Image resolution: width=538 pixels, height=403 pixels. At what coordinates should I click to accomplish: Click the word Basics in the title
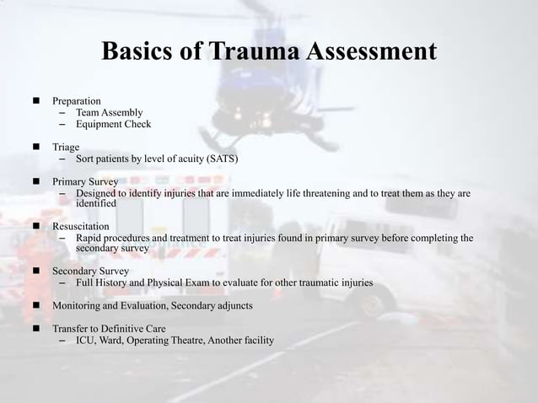(x=137, y=52)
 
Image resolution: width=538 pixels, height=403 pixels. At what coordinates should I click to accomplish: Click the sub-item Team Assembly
(x=109, y=112)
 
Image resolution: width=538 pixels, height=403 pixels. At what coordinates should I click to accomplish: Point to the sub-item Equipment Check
(x=113, y=124)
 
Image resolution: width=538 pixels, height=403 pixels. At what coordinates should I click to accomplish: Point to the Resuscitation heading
(x=81, y=228)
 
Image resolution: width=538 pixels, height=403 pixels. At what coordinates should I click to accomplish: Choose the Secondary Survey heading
(x=91, y=271)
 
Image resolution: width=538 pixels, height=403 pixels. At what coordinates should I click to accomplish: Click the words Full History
(x=101, y=282)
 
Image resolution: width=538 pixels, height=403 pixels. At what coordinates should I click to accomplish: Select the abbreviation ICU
(x=85, y=340)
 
